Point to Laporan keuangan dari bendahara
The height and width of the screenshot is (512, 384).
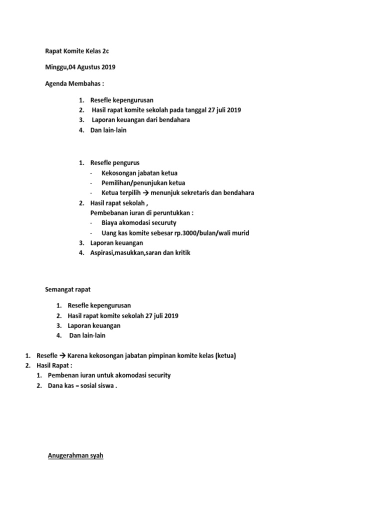click(x=141, y=120)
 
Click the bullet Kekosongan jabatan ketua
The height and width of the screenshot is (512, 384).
click(x=139, y=173)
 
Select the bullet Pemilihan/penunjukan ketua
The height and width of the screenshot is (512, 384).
click(x=143, y=183)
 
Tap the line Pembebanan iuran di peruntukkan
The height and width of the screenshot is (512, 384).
click(x=141, y=212)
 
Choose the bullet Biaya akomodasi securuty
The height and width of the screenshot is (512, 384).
click(x=139, y=222)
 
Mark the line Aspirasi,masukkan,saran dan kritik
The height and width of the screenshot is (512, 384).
click(x=140, y=253)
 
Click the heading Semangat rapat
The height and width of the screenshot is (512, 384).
click(x=68, y=289)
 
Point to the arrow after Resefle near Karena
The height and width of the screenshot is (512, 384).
click(x=62, y=356)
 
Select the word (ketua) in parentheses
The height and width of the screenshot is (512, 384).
click(x=225, y=356)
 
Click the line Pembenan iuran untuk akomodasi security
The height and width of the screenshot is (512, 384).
click(x=109, y=375)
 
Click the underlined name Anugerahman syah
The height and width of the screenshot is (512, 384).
click(x=75, y=456)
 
